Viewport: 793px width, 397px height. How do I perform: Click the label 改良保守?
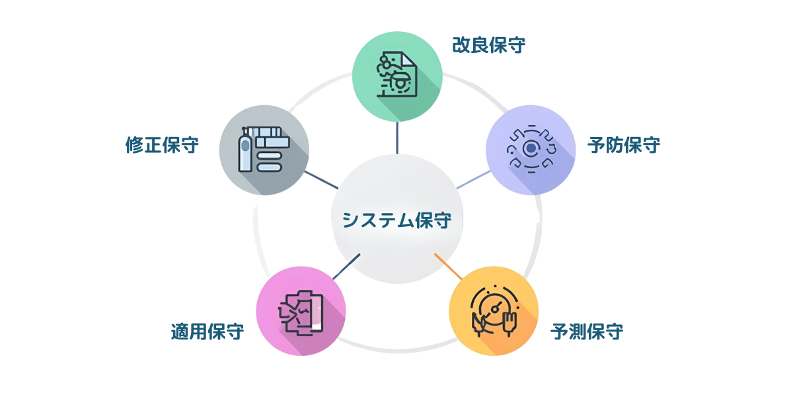488,45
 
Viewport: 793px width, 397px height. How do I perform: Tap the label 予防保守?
623,145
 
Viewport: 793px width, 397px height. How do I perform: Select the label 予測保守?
587,331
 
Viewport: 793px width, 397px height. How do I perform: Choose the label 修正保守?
162,145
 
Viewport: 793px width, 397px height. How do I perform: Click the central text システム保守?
397,220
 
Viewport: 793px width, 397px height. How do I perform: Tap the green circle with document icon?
397,76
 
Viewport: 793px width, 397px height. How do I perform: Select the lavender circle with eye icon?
531,150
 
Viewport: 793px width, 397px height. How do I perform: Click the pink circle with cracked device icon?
301,311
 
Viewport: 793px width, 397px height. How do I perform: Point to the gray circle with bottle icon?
264,150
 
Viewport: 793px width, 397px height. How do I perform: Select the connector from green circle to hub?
397,137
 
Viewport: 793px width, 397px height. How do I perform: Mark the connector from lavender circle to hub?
473,179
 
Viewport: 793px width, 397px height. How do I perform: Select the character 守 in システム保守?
442,220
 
